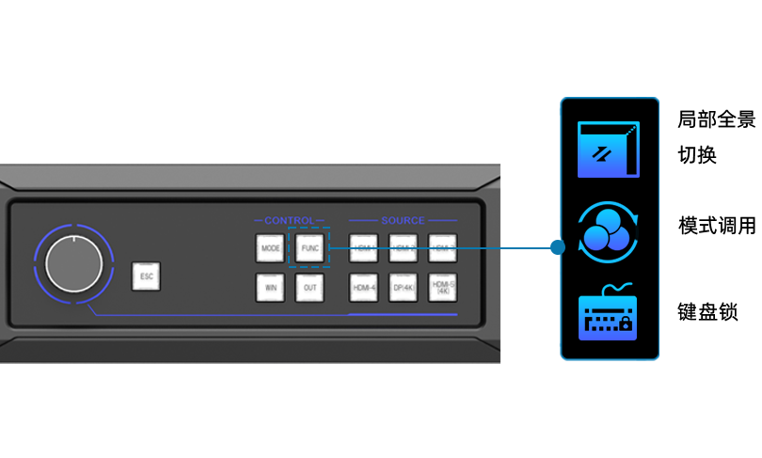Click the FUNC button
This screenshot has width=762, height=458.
[x=308, y=249]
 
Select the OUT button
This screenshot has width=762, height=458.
[x=308, y=287]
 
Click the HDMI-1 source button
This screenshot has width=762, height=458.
[x=363, y=249]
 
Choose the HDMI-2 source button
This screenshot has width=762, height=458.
[x=403, y=249]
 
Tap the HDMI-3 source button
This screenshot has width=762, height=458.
[x=442, y=249]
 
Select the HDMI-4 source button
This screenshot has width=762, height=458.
[x=363, y=287]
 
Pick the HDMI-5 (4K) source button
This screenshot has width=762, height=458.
[x=442, y=287]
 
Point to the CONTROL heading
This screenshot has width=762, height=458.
[x=289, y=221]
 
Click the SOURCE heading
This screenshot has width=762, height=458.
[x=403, y=221]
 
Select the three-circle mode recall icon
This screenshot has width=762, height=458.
[x=608, y=231]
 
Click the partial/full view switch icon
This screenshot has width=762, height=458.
[x=608, y=150]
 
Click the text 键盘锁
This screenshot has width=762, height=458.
[x=707, y=312]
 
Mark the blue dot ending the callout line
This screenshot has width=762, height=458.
[x=557, y=247]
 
